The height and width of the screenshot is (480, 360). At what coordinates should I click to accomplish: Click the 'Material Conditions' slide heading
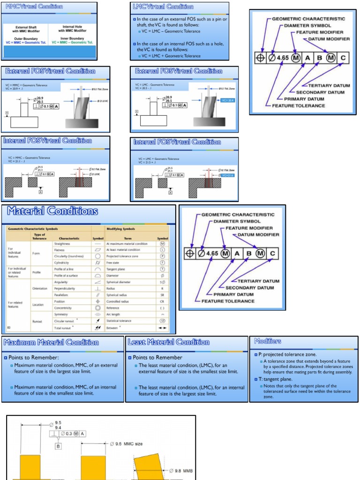pos(52,211)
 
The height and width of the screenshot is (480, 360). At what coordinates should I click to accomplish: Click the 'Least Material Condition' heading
pos(168,342)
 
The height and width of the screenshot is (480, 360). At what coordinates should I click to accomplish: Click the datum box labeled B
pos(59,446)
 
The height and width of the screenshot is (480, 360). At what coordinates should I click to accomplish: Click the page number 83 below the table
pos(9,327)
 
